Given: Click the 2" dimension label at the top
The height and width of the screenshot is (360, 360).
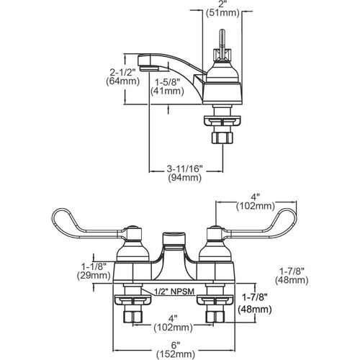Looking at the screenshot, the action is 222,4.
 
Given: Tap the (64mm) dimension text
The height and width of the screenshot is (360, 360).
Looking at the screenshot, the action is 122,81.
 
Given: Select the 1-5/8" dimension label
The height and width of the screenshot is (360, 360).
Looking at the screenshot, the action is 167,83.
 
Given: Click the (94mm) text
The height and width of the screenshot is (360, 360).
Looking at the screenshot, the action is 185,178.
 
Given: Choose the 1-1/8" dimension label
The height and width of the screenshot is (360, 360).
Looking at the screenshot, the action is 94,266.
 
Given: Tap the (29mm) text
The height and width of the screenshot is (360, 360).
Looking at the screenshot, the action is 94,275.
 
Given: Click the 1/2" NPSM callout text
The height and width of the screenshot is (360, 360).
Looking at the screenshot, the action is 174,292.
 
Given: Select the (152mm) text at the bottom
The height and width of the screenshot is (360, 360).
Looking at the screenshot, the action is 176,354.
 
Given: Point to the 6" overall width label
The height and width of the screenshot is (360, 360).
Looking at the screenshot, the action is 176,346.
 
